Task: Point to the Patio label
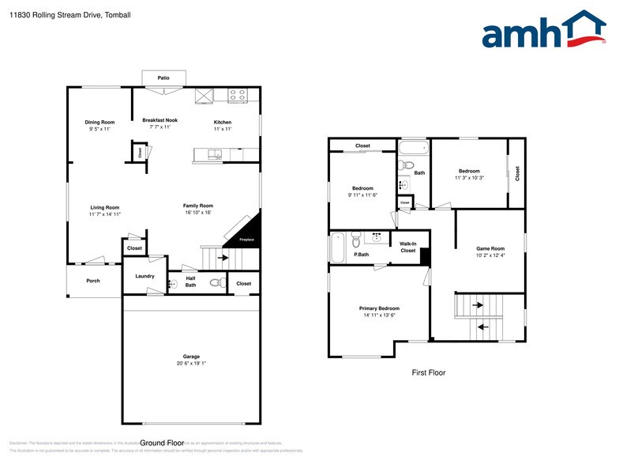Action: (163, 78)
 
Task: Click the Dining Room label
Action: (100, 122)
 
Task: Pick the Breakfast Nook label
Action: (160, 120)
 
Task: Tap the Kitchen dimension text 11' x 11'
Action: (223, 129)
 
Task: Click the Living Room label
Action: (104, 207)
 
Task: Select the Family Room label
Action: (198, 206)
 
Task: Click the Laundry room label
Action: (144, 276)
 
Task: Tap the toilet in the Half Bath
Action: (216, 282)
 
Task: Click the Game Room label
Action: (490, 248)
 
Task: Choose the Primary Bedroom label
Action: (379, 308)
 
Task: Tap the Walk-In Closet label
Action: (408, 248)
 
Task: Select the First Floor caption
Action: (429, 372)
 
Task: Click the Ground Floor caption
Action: (162, 443)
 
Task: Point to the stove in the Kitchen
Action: (238, 96)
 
